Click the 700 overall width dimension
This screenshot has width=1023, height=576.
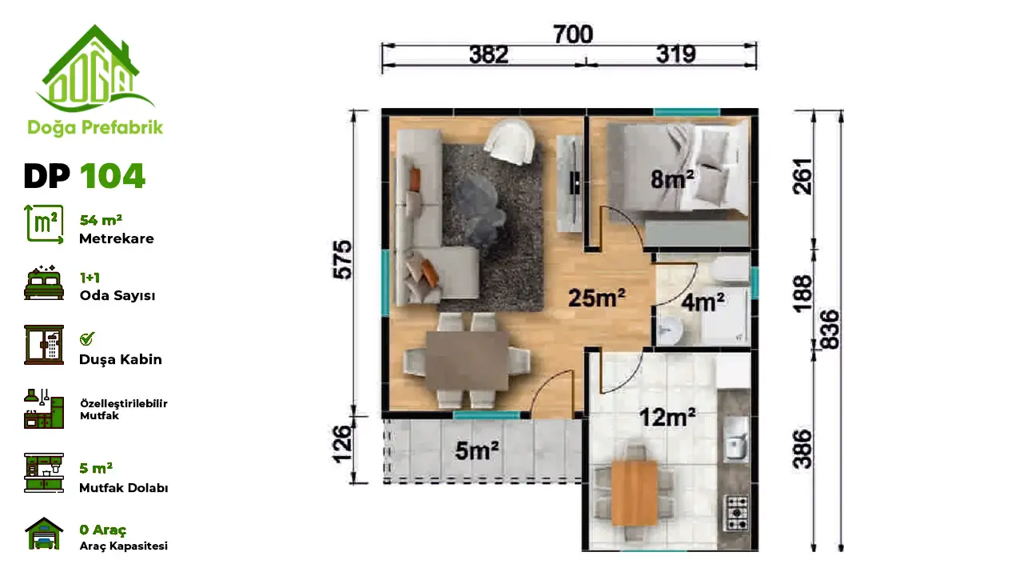coord(573,34)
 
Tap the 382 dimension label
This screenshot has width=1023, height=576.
coord(488,55)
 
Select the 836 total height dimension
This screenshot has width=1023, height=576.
coord(830,330)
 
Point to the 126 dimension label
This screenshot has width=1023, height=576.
coord(343,444)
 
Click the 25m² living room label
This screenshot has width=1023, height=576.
coord(596,298)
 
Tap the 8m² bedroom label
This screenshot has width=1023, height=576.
coord(672,178)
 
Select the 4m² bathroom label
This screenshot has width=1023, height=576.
coord(703,302)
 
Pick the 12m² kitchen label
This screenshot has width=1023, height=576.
coord(667,418)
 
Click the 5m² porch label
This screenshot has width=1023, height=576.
coord(477,450)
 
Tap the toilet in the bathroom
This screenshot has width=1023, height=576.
coord(730,270)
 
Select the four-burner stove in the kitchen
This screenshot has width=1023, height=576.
coord(736,513)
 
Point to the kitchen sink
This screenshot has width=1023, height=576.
coord(736,439)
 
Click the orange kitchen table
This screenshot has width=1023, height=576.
coord(635,494)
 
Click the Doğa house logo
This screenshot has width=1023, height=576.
coord(95,69)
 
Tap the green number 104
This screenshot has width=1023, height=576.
coord(113,176)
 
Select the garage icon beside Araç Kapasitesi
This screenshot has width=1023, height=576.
coord(44,533)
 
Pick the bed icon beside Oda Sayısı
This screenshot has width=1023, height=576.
coord(44,283)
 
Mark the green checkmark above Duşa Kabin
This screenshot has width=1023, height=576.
coord(87,338)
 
